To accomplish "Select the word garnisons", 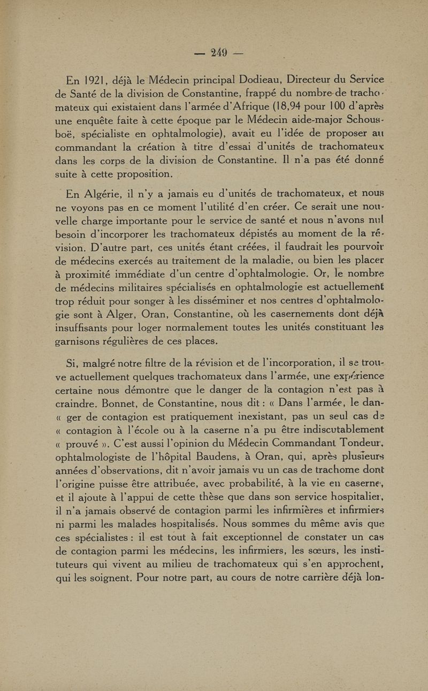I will click(87, 341).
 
